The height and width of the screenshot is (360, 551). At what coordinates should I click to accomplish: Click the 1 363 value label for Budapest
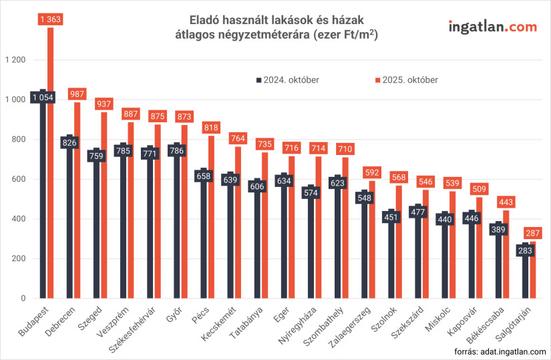pyautogui.click(x=50, y=20)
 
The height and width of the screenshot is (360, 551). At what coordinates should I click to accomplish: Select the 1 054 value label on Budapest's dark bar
pyautogui.click(x=42, y=98)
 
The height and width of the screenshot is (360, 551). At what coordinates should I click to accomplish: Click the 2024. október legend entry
pyautogui.click(x=287, y=80)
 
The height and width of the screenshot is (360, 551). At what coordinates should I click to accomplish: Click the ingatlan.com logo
pyautogui.click(x=493, y=27)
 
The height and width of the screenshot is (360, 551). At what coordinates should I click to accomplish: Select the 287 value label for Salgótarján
pyautogui.click(x=532, y=234)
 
